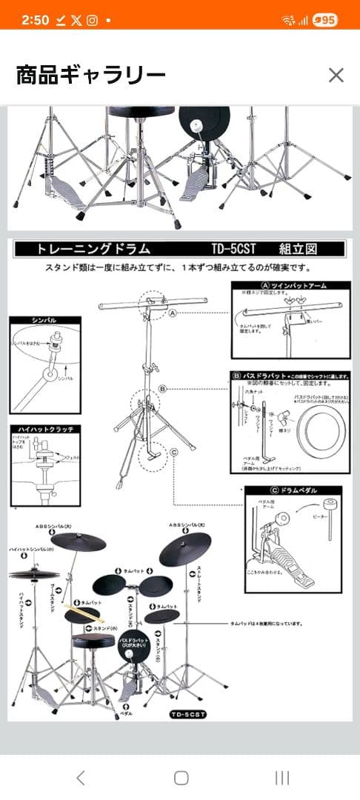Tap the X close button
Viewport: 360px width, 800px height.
pos(336,75)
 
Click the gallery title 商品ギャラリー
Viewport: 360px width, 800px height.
pos(91,75)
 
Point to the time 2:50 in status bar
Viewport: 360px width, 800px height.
pos(34,21)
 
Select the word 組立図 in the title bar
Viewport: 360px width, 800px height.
pos(299,249)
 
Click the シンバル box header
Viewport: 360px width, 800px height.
pos(44,320)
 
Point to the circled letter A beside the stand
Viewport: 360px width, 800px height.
pos(173,313)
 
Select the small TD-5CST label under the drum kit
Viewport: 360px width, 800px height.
pos(187,714)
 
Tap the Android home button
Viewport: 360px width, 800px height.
pos(181,777)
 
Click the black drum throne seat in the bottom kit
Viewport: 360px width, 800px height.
pos(93,641)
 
